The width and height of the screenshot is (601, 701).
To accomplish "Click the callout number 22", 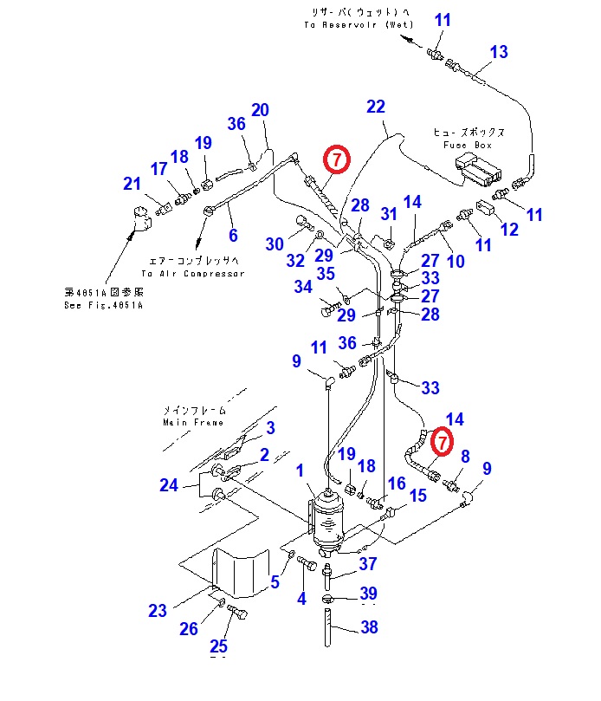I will coord(375,107).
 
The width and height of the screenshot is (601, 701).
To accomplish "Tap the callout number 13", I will coord(498,52).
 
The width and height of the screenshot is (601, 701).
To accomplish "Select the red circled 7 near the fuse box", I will coord(335,159).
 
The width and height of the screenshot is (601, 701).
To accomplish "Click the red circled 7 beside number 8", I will coord(442,441).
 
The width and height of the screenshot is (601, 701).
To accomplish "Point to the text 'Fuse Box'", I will coord(468,146).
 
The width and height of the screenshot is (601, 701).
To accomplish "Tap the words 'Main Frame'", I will coord(193,422).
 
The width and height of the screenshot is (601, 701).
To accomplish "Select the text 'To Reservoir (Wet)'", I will coord(359,25).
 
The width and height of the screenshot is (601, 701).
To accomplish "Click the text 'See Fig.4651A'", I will coord(103,305).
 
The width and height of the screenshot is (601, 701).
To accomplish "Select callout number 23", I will coord(157,611).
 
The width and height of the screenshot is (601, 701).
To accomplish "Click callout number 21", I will coord(132,184).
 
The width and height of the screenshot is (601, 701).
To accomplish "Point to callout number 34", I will coord(302,286).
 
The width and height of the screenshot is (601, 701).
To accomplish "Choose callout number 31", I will coord(389,215).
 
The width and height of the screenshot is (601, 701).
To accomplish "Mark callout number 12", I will coord(508,230).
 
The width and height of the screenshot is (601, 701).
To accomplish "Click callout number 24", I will coord(169,485).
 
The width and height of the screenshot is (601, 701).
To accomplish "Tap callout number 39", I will coord(369,594).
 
